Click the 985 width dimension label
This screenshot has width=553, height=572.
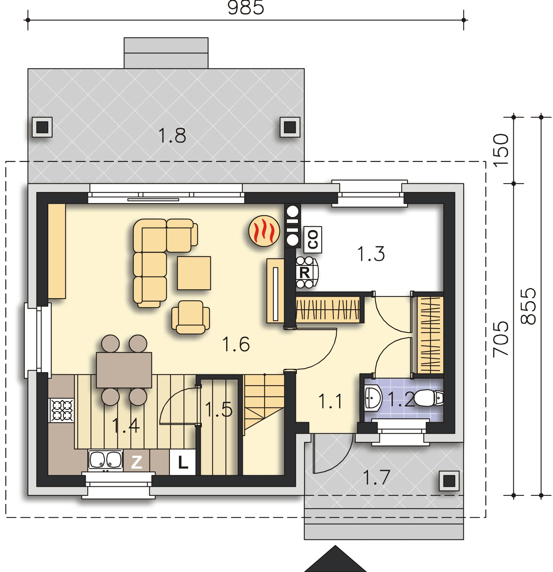246,8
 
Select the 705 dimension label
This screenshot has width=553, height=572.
500,338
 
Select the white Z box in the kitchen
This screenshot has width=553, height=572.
137,462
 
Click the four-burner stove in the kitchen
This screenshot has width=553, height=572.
62,410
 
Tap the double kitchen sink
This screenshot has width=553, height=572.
105,460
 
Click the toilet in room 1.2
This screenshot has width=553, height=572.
430,398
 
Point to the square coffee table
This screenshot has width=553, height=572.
194,273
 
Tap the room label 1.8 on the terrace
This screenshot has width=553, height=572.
172,136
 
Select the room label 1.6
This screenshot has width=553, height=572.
236,344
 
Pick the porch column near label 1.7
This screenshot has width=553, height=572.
449,481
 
